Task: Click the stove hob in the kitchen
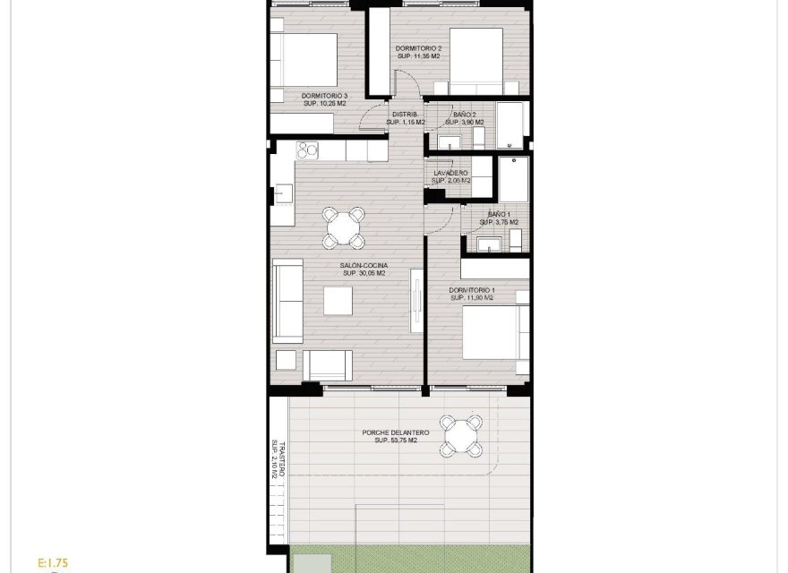click(x=308, y=150)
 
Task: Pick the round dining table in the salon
click(x=345, y=227)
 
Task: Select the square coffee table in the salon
click(x=338, y=302)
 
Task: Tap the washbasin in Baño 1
click(x=489, y=243)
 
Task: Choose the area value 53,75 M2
click(x=395, y=441)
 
